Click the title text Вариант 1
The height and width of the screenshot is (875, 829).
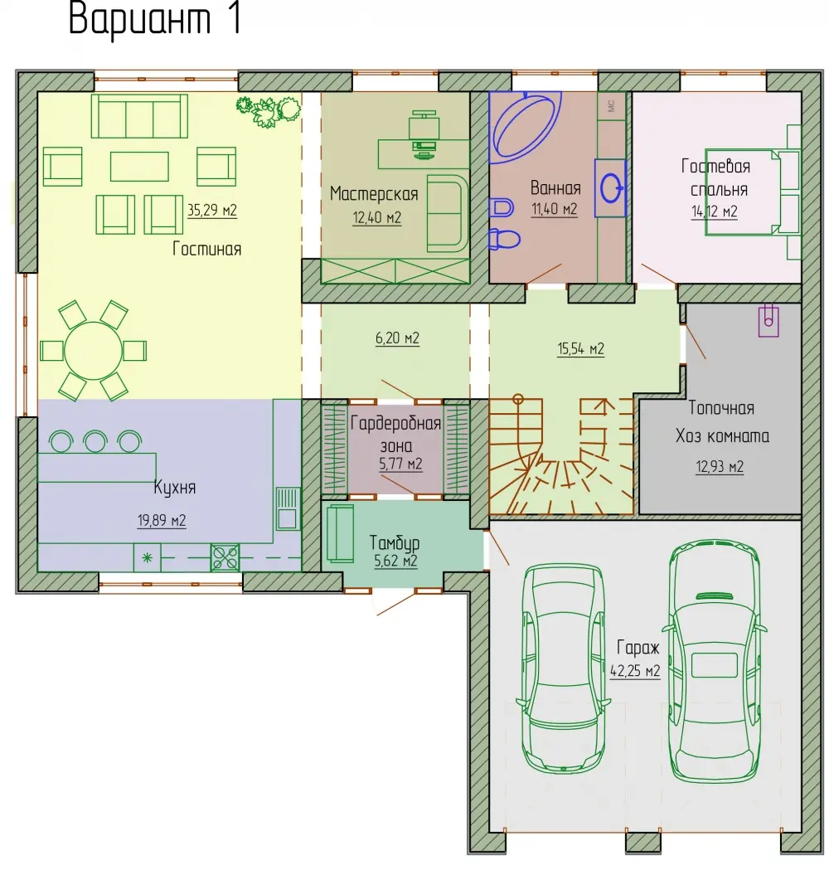(155, 19)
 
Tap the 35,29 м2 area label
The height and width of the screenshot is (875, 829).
(212, 211)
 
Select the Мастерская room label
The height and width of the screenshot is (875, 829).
(374, 193)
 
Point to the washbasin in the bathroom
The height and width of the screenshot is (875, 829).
(610, 187)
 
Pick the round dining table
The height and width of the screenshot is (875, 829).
(93, 352)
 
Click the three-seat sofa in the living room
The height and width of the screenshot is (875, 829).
(139, 115)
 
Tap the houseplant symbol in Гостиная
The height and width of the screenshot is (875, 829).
(269, 110)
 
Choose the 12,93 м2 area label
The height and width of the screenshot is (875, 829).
(720, 466)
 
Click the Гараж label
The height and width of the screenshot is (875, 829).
(638, 648)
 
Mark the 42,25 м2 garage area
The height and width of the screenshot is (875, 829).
(635, 671)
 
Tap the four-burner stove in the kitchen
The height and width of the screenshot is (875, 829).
(225, 557)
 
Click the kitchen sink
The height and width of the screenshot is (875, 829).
(287, 508)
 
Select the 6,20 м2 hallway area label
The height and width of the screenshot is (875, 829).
(397, 338)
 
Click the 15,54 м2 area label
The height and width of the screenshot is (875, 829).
(580, 349)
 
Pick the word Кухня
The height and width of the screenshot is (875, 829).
(175, 488)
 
